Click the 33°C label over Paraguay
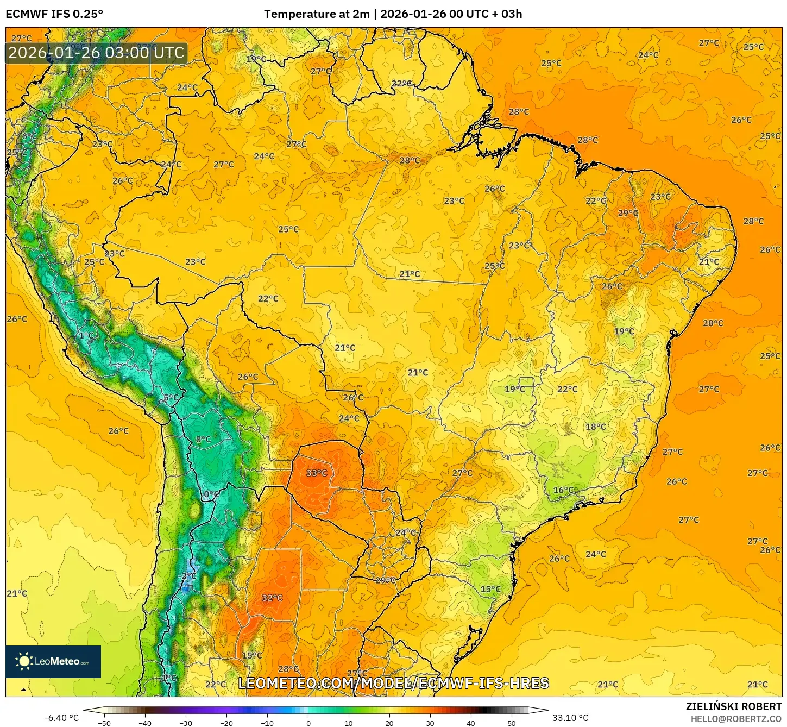(316, 473)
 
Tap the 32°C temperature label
(272, 598)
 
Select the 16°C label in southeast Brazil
(563, 490)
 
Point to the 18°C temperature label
(595, 427)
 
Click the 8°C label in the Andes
(203, 439)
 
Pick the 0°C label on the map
(211, 494)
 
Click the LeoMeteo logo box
(53, 661)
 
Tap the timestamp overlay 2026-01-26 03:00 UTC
(96, 53)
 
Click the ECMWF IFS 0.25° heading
(54, 14)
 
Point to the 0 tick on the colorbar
(308, 723)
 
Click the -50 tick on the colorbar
(104, 723)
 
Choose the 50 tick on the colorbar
(512, 723)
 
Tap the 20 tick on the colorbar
(389, 723)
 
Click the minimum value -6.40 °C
(61, 718)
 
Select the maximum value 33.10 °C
(570, 718)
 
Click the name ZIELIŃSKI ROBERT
(733, 706)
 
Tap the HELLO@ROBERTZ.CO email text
(736, 719)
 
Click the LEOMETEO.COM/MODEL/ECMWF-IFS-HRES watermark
(393, 683)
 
